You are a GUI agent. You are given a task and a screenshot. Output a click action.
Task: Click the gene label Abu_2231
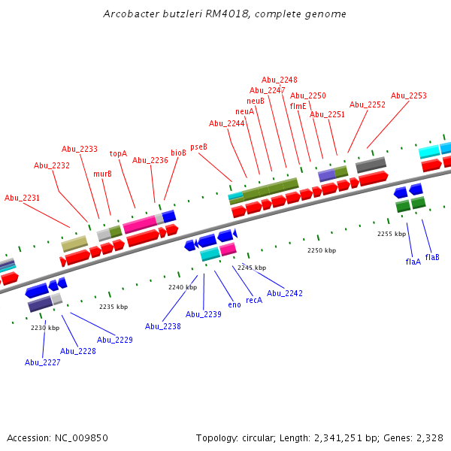(22, 198)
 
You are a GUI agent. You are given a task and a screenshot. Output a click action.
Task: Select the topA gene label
(118, 153)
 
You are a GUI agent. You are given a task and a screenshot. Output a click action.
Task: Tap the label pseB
(198, 147)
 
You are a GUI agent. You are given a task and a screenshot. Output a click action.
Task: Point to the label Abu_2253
(408, 96)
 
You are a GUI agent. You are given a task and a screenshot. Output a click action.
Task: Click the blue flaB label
(432, 257)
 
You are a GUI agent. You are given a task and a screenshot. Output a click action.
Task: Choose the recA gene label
(254, 300)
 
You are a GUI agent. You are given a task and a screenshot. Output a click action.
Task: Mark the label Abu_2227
(42, 362)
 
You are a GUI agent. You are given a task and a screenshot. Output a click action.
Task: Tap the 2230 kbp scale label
(45, 328)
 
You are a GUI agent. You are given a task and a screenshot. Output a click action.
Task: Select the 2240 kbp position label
(183, 287)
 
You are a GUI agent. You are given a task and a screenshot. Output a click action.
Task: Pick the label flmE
(298, 106)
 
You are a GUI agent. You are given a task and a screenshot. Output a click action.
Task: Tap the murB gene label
(102, 174)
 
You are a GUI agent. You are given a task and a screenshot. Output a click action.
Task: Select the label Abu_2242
(285, 293)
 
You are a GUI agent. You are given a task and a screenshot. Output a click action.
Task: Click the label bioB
(178, 153)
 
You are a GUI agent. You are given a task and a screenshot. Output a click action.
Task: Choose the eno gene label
(234, 304)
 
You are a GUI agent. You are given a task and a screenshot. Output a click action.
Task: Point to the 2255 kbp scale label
(392, 234)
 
